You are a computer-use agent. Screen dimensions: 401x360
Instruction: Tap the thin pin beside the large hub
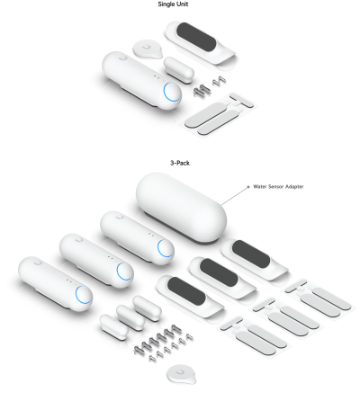[236, 191]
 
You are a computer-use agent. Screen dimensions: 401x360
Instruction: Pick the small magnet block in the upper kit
[174, 65]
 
